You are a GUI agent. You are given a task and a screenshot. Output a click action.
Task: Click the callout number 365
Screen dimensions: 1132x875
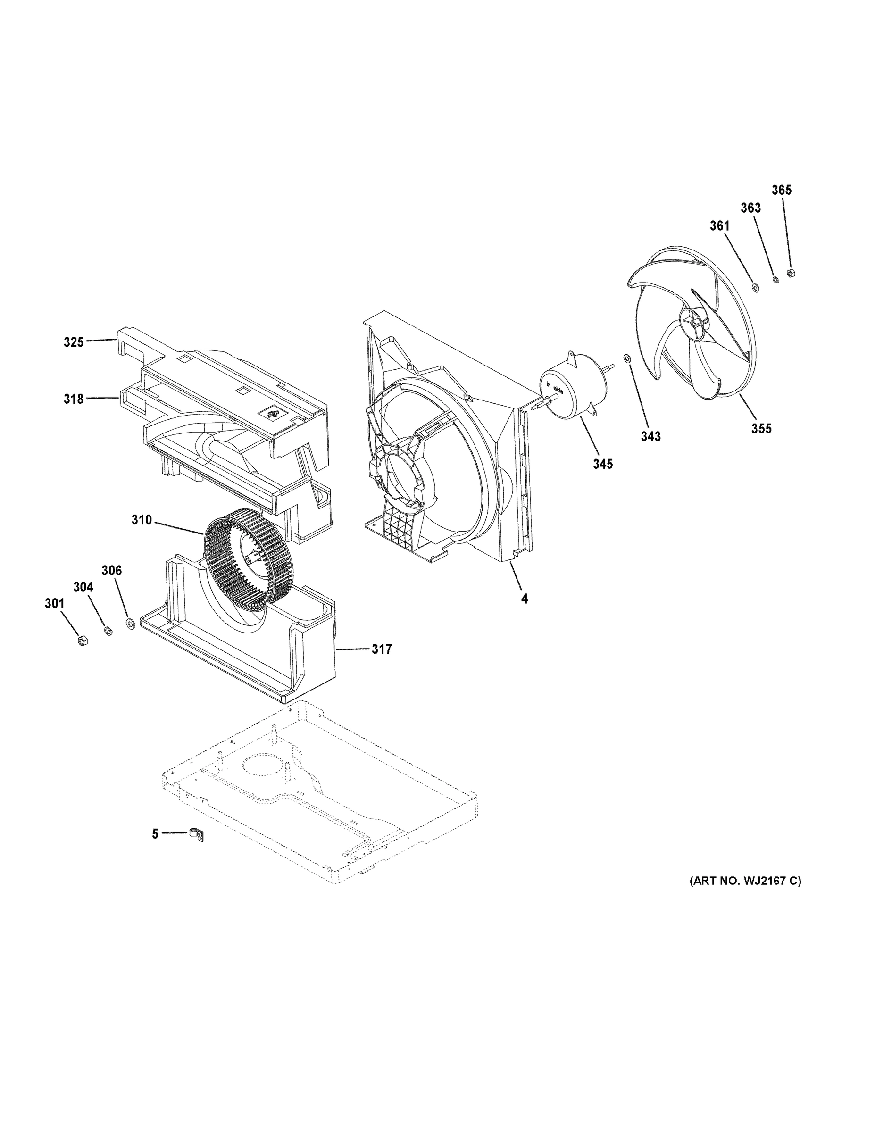781,190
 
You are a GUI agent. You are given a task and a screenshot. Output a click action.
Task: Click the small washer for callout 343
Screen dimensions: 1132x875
627,358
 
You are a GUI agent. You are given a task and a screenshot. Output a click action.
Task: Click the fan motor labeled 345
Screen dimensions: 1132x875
569,394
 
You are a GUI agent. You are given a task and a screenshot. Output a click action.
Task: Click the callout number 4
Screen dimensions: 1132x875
525,599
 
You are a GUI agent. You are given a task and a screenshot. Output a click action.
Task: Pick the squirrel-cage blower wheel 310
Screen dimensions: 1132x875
248,557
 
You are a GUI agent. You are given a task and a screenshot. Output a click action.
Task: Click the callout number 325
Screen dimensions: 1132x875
74,342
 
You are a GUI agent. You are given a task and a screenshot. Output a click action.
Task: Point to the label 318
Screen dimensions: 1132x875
74,399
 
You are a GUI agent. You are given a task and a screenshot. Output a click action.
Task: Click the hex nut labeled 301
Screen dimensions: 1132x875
82,641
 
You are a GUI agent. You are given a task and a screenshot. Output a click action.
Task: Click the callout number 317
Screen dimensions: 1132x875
382,649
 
